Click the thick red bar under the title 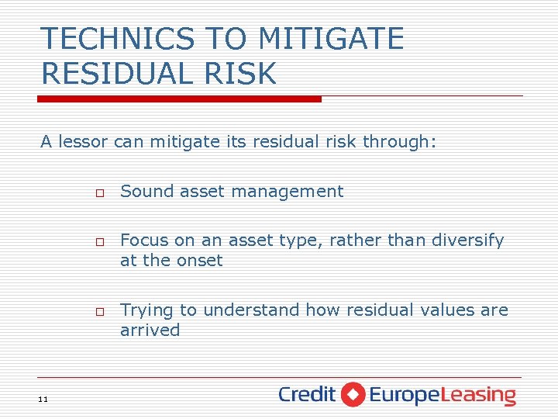[179, 99]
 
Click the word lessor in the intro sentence [84, 142]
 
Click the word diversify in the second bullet [467, 241]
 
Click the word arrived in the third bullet [150, 331]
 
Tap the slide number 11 [43, 399]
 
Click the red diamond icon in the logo [353, 394]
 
